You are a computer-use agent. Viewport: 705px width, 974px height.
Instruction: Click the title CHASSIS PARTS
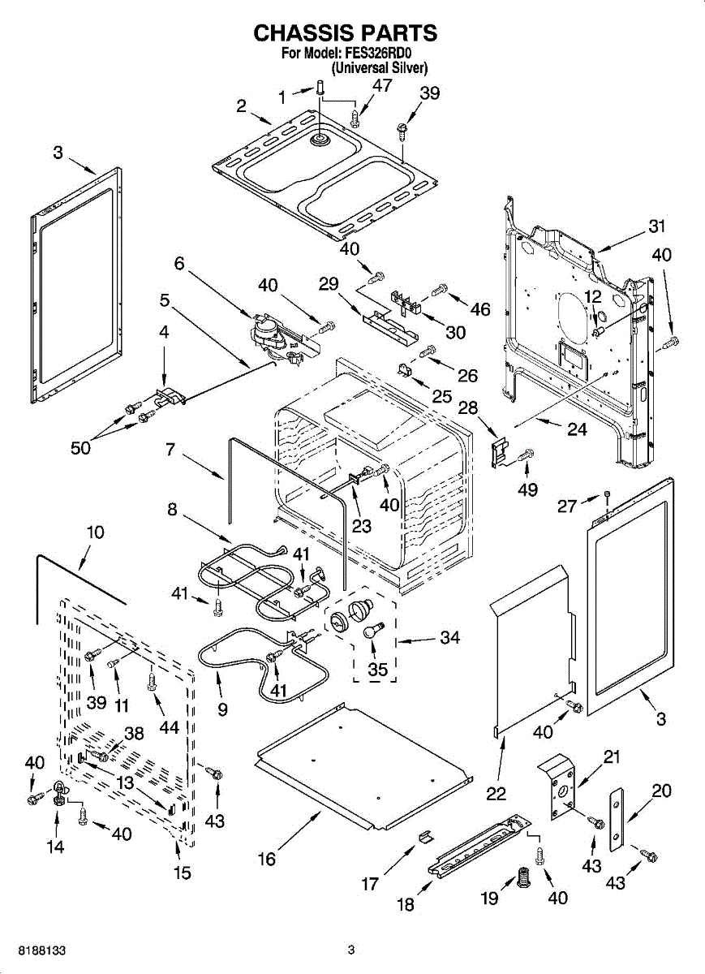(346, 32)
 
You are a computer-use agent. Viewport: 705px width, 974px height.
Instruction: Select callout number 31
(656, 226)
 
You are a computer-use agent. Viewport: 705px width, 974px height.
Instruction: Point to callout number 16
(266, 859)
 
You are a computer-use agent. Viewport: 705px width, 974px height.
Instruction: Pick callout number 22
(497, 794)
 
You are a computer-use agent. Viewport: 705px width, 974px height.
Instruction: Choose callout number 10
(96, 532)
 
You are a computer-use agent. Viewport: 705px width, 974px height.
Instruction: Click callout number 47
(382, 86)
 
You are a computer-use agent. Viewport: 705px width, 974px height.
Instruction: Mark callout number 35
(377, 670)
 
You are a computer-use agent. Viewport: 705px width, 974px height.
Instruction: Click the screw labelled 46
(441, 288)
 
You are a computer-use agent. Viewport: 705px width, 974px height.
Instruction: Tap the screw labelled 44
(151, 682)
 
